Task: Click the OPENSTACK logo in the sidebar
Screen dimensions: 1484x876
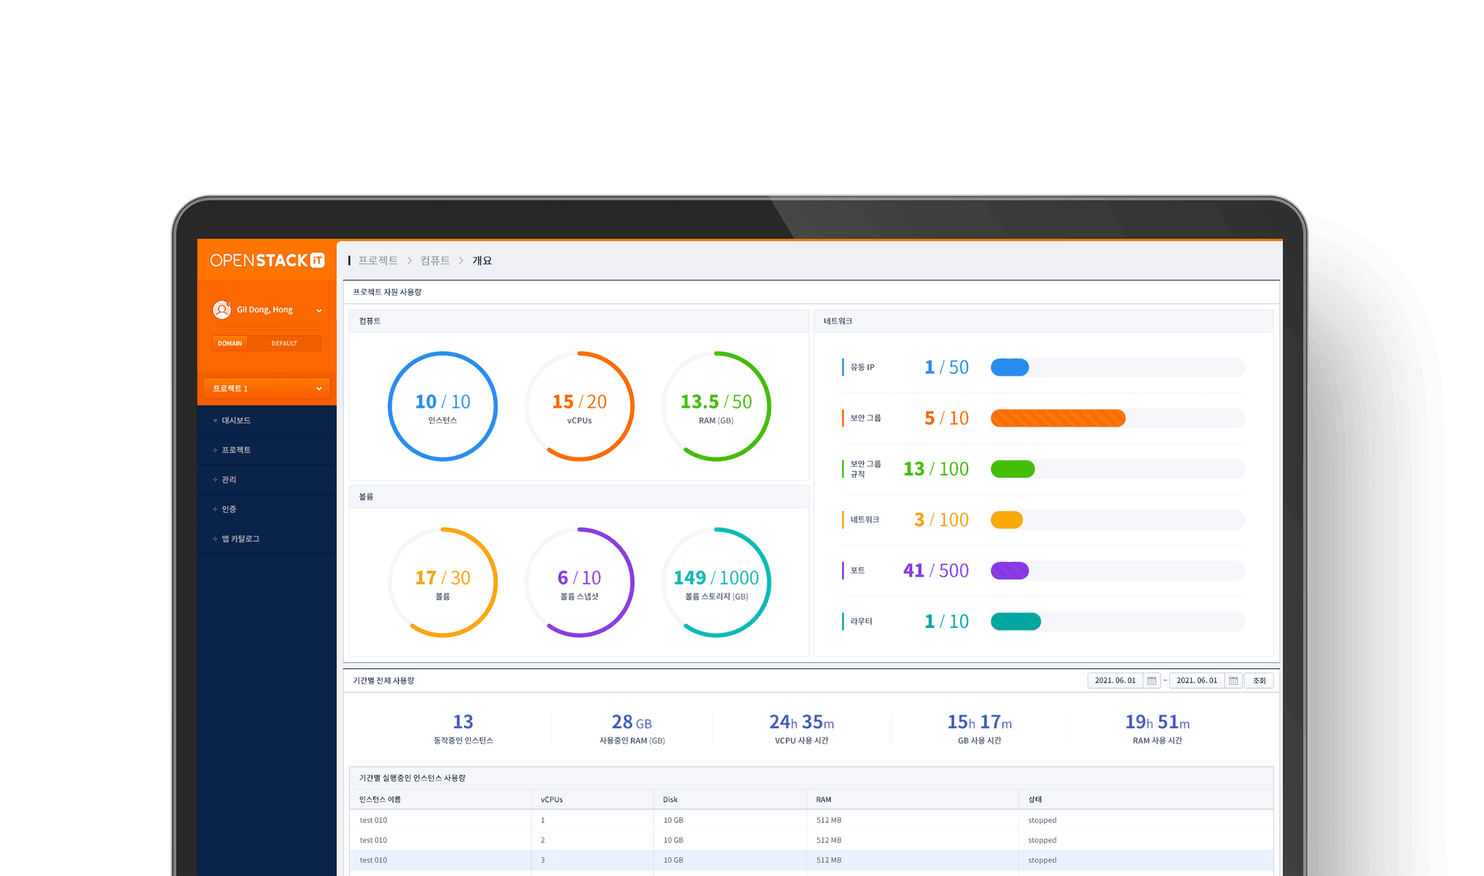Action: tap(267, 260)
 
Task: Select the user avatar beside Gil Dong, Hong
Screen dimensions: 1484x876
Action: tap(222, 310)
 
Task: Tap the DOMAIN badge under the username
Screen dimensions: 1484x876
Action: tap(230, 344)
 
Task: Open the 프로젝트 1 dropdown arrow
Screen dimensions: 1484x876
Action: tap(319, 389)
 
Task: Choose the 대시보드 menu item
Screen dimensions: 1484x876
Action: tap(236, 421)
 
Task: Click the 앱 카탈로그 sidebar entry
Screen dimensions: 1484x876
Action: tap(241, 539)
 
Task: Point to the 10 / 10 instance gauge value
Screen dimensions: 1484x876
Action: tap(443, 401)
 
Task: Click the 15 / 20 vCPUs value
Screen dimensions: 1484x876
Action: tap(580, 401)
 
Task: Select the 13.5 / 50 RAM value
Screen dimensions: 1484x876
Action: tap(716, 401)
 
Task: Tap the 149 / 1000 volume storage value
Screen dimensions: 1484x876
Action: tap(716, 577)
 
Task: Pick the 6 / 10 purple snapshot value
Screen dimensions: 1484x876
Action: tap(580, 577)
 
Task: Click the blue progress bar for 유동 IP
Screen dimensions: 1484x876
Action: tap(1009, 367)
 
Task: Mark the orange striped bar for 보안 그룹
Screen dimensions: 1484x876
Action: tap(1058, 418)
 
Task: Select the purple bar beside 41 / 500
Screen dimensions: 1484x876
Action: tap(1009, 570)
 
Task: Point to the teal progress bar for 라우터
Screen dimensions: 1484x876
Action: tap(1015, 621)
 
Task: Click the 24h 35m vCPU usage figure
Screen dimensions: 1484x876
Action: tap(801, 722)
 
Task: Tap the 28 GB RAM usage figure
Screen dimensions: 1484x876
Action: tap(632, 722)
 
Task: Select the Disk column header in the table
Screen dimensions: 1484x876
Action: tap(670, 800)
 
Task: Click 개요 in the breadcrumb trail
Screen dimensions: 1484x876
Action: tap(482, 261)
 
